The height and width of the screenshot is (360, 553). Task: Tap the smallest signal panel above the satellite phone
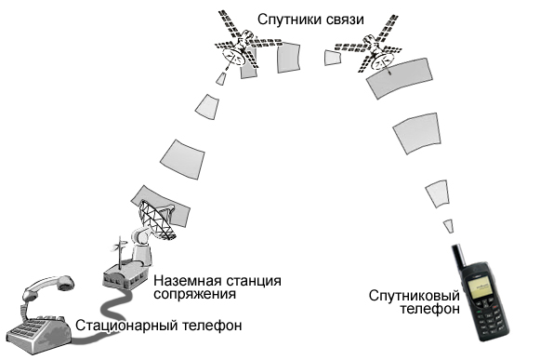pos(448,224)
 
